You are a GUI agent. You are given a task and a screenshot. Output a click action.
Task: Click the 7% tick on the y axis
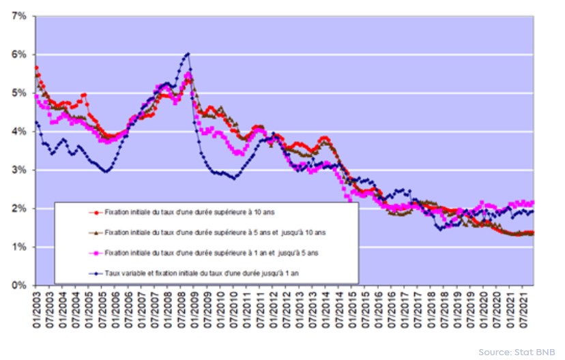[x=18, y=16]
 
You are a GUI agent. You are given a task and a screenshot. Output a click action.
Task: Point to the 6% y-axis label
[x=18, y=55]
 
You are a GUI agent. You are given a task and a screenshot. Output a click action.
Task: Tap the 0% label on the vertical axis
[x=18, y=286]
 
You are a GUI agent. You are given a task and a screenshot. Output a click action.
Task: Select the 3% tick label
[x=18, y=170]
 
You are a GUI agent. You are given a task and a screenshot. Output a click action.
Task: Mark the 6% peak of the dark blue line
[x=188, y=53]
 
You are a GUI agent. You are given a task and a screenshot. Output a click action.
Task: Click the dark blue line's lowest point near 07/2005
[x=106, y=171]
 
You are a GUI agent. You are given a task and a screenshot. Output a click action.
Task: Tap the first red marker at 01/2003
[x=36, y=67]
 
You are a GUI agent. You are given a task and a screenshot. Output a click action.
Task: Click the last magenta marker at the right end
[x=532, y=202]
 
